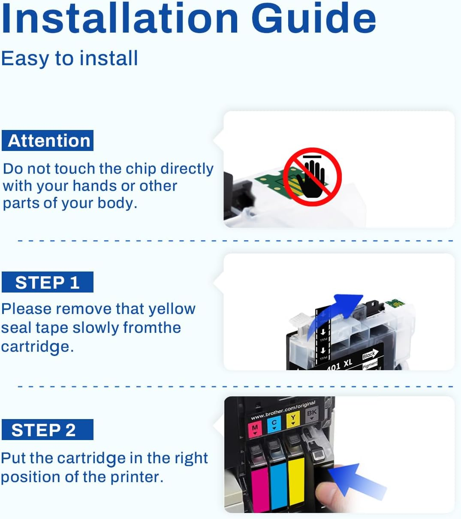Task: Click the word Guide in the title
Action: pos(313,18)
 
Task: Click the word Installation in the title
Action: pos(120,18)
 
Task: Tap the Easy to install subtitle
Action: pos(69,58)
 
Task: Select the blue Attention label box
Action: pos(48,141)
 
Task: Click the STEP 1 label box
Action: pos(48,282)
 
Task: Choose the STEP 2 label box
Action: pos(48,430)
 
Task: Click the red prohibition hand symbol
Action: pos(313,176)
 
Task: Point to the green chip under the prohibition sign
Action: pos(270,182)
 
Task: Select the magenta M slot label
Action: pos(255,428)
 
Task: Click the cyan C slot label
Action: pos(274,424)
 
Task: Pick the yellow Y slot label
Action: pos(293,419)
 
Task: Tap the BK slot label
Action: pos(311,414)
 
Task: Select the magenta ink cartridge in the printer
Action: pos(259,489)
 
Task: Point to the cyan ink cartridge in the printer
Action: pos(278,485)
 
